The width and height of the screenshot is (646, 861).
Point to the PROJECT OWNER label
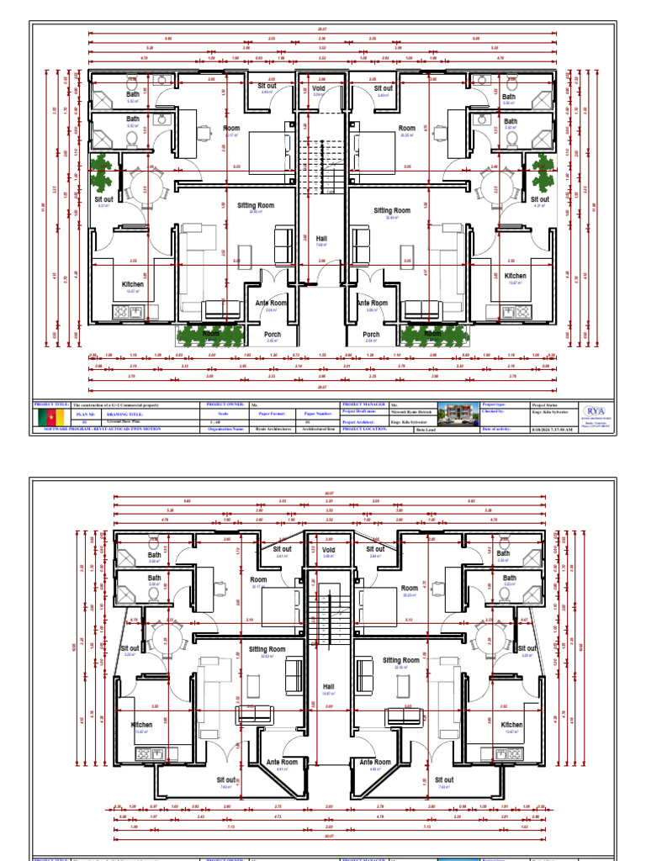coord(225,405)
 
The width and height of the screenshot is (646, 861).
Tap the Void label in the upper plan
coord(318,87)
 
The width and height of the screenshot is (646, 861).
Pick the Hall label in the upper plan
coord(321,239)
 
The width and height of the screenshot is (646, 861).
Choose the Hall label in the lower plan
coord(329,686)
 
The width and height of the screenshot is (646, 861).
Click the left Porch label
coord(272,335)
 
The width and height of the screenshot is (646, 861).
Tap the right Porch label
coord(371,335)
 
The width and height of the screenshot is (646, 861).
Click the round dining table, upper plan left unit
coord(137,182)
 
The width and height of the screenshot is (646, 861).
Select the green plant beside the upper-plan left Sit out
coord(100,172)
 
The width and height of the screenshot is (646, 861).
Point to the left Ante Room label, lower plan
coord(283,762)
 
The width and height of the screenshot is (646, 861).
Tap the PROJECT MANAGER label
coord(363,405)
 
